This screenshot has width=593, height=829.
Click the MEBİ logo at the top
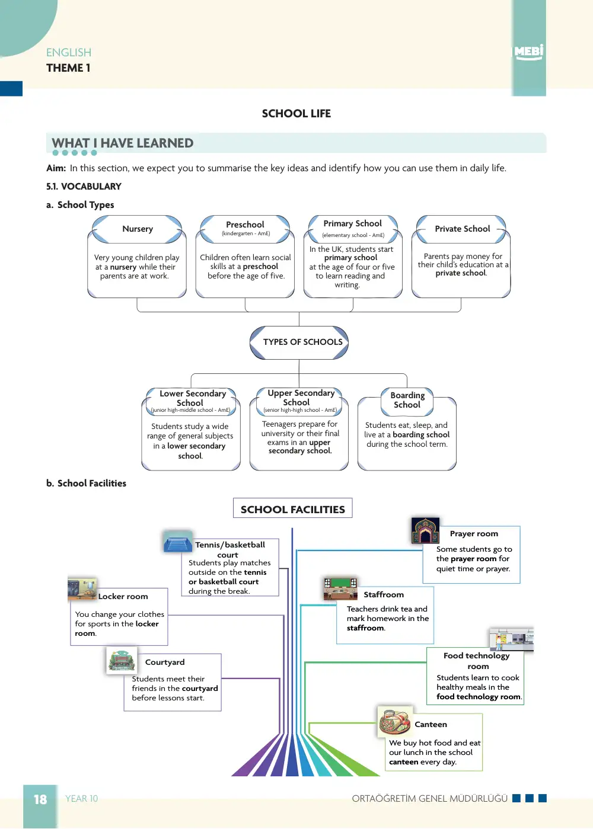(528, 52)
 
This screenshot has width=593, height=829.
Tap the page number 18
(40, 799)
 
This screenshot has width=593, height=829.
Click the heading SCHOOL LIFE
(296, 114)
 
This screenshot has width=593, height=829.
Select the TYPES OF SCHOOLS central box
(299, 343)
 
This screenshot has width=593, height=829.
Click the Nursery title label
(138, 229)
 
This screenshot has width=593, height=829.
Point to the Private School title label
(463, 229)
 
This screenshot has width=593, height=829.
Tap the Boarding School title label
(407, 400)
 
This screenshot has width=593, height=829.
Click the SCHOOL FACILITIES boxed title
(292, 509)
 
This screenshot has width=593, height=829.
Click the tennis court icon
(178, 542)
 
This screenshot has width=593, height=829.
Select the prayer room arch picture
(426, 530)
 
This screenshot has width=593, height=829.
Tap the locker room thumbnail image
(82, 589)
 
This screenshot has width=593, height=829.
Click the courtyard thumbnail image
(122, 660)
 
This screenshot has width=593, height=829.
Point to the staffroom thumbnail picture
(340, 589)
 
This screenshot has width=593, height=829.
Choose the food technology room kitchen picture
(512, 639)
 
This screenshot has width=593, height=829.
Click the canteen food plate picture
(395, 721)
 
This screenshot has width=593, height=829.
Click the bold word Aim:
(56, 168)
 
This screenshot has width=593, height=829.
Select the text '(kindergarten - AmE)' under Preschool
(246, 233)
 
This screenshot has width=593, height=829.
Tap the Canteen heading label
(431, 724)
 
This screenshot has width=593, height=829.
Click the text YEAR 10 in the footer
(81, 799)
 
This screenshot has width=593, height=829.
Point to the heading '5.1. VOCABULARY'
(84, 187)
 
